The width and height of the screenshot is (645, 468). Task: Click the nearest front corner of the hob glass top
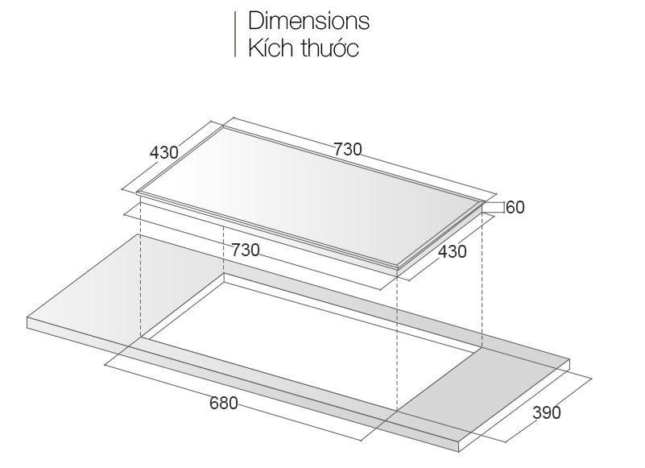[397, 267]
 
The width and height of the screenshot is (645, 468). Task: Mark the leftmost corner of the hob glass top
[137, 193]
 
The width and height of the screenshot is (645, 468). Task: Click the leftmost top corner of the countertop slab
[27, 317]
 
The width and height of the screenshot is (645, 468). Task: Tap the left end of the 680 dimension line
[105, 364]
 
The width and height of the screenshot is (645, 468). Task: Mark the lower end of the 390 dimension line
[506, 442]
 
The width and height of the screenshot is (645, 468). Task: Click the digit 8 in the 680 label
[224, 403]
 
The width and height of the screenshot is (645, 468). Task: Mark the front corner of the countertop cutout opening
[397, 410]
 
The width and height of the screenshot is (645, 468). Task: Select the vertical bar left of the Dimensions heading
[235, 34]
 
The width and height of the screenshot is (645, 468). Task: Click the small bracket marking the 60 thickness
[494, 207]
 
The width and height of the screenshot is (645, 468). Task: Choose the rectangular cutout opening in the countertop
[312, 342]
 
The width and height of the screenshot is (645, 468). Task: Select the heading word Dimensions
[309, 21]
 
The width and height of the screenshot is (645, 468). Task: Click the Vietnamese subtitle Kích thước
[304, 48]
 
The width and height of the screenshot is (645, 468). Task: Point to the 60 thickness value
[515, 207]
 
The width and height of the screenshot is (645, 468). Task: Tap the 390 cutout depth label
[547, 412]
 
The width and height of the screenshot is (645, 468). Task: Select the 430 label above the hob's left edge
[164, 153]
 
